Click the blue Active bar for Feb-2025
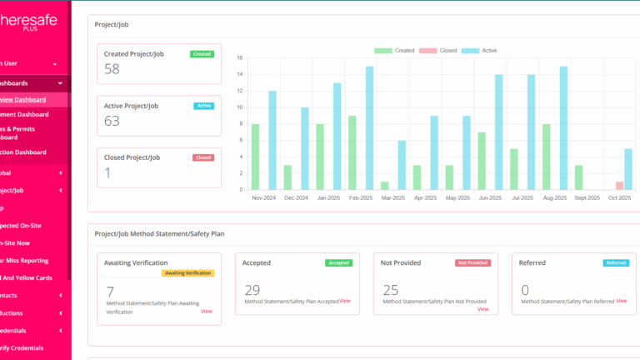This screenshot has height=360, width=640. click(369, 128)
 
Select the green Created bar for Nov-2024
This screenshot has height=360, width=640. click(255, 157)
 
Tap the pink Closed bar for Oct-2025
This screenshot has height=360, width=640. click(619, 185)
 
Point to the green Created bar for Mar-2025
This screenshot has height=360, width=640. click(385, 185)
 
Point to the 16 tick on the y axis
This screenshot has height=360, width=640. click(239, 58)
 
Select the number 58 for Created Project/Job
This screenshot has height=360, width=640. click(112, 69)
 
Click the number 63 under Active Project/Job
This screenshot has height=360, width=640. click(112, 121)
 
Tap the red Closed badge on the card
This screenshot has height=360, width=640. click(203, 157)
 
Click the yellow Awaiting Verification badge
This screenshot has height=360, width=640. click(188, 272)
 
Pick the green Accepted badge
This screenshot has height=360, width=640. click(339, 262)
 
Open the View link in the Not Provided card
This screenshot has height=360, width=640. click(483, 309)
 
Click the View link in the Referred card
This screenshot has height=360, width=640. click(621, 300)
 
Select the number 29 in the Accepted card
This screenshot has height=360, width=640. click(252, 290)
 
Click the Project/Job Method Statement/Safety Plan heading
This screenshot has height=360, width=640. click(159, 234)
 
